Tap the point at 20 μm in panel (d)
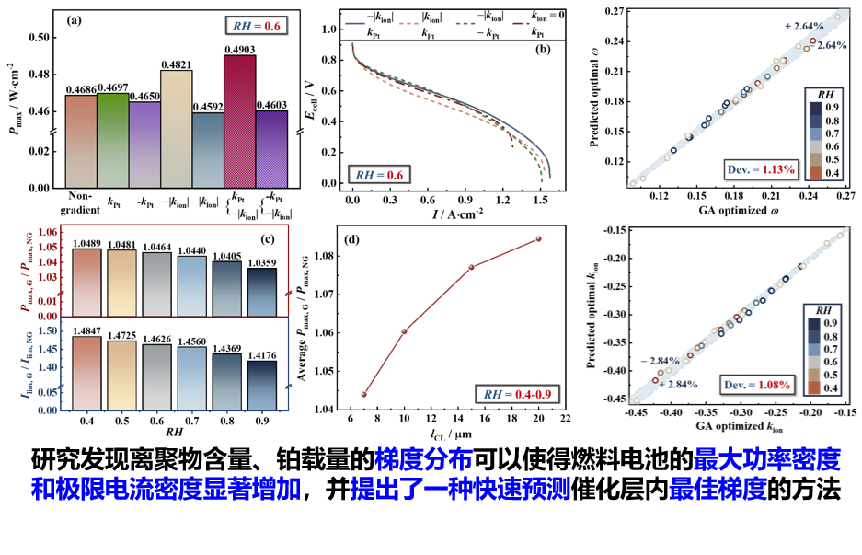pyautogui.click(x=538, y=238)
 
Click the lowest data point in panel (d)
pyautogui.click(x=364, y=394)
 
